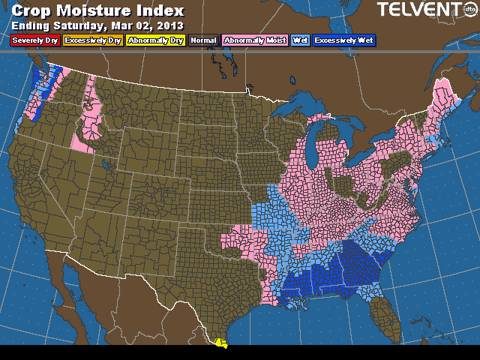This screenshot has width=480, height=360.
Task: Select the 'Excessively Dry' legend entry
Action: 93,40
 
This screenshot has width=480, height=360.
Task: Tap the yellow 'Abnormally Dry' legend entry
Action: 155,40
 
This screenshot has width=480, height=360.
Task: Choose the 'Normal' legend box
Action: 202,40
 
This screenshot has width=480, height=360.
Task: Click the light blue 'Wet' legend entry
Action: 300,40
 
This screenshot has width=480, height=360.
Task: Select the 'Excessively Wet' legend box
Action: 344,40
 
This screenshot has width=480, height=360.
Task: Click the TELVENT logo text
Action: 418,10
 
